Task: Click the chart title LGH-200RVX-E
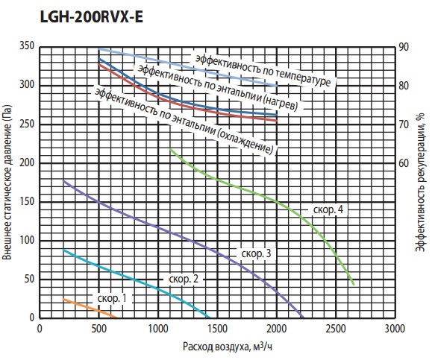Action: pyautogui.click(x=92, y=17)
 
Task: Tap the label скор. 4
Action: pyautogui.click(x=328, y=209)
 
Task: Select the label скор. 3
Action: pyautogui.click(x=256, y=253)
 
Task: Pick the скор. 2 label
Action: pyautogui.click(x=184, y=279)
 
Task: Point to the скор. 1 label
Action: pyautogui.click(x=112, y=298)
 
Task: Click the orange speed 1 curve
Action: pyautogui.click(x=90, y=308)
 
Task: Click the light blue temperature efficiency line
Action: pyautogui.click(x=189, y=68)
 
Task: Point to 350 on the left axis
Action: pyautogui.click(x=27, y=45)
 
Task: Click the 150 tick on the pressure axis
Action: pyautogui.click(x=27, y=201)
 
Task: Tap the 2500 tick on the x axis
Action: pyautogui.click(x=336, y=329)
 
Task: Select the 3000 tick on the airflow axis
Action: pyautogui.click(x=395, y=329)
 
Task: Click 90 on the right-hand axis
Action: pyautogui.click(x=404, y=47)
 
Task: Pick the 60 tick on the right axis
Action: pyautogui.click(x=404, y=163)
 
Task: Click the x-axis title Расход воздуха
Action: pyautogui.click(x=228, y=347)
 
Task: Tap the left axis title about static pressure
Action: pyautogui.click(x=7, y=183)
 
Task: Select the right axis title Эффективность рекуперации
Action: pyautogui.click(x=420, y=183)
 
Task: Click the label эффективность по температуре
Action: pyautogui.click(x=263, y=70)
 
